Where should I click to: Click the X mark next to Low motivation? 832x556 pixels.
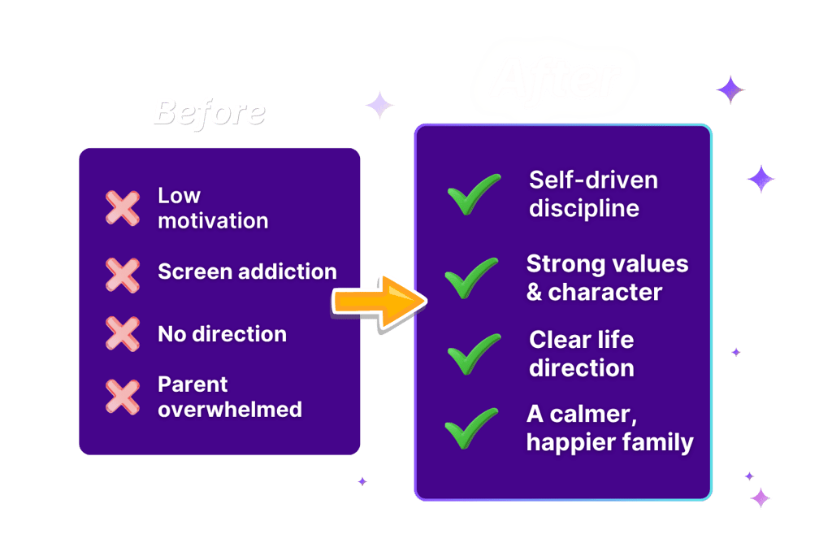123,207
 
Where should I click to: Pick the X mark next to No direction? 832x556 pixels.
123,334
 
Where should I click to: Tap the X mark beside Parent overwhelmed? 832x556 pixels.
123,396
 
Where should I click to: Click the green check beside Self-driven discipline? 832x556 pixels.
474,194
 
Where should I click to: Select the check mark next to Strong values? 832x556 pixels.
471,277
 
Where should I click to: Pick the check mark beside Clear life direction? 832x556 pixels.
474,354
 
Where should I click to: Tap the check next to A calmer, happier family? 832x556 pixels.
471,428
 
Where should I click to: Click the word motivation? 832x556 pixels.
213,220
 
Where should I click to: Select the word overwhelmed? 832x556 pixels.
230,409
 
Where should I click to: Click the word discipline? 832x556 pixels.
584,209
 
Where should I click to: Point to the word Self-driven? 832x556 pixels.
593,180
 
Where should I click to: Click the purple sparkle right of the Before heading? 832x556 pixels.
379,105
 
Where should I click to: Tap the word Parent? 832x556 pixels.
193,384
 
